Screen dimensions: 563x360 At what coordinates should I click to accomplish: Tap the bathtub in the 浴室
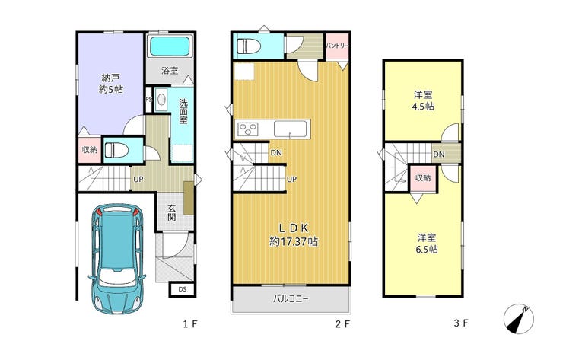pyautogui.click(x=170, y=46)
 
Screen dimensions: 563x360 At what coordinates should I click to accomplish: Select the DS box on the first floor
pyautogui.click(x=183, y=289)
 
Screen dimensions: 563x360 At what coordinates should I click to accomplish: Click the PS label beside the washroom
pyautogui.click(x=148, y=100)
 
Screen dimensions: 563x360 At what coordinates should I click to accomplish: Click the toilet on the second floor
pyautogui.click(x=247, y=46)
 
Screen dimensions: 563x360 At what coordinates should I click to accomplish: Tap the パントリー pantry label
pyautogui.click(x=337, y=46)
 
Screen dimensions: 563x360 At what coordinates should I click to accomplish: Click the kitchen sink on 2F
pyautogui.click(x=291, y=129)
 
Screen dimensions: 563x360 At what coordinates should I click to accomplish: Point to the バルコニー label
pyautogui.click(x=291, y=298)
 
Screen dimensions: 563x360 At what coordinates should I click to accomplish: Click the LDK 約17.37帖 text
pyautogui.click(x=294, y=234)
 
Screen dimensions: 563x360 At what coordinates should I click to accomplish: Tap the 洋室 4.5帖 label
pyautogui.click(x=423, y=100)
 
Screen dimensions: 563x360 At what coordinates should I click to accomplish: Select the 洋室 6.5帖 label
pyautogui.click(x=427, y=244)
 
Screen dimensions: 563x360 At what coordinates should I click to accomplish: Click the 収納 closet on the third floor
pyautogui.click(x=423, y=178)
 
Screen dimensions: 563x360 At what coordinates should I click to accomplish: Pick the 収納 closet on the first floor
pyautogui.click(x=90, y=149)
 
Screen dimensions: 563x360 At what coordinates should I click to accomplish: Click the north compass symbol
pyautogui.click(x=518, y=319)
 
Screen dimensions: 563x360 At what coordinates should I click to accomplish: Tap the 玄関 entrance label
pyautogui.click(x=172, y=212)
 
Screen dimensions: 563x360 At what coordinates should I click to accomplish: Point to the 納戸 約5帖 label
pyautogui.click(x=111, y=84)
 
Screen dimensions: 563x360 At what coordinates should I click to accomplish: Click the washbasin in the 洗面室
pyautogui.click(x=162, y=99)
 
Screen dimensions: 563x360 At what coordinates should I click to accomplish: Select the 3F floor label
pyautogui.click(x=461, y=323)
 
